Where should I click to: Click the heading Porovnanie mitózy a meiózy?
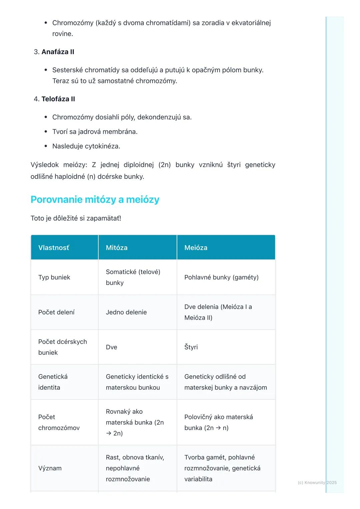[95, 200]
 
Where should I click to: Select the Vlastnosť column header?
[54, 248]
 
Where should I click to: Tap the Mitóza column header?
[117, 248]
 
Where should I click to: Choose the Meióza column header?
[196, 248]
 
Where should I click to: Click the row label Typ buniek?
[54, 277]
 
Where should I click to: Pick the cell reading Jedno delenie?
[126, 312]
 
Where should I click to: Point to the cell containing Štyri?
[191, 347]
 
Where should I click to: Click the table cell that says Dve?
[111, 347]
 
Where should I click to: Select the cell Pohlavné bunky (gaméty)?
[221, 277]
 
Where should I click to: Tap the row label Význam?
[50, 468]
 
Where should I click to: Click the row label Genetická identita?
[53, 382]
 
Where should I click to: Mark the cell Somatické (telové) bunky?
[133, 277]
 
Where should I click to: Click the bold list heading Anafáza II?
[58, 52]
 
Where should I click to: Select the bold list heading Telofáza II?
[58, 99]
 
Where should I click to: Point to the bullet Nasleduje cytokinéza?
[86, 146]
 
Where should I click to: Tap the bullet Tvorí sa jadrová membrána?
[95, 132]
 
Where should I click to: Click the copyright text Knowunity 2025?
[317, 482]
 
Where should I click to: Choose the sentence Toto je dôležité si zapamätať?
[76, 218]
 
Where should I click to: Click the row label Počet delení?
[56, 312]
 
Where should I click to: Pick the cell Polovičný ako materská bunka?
[218, 422]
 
